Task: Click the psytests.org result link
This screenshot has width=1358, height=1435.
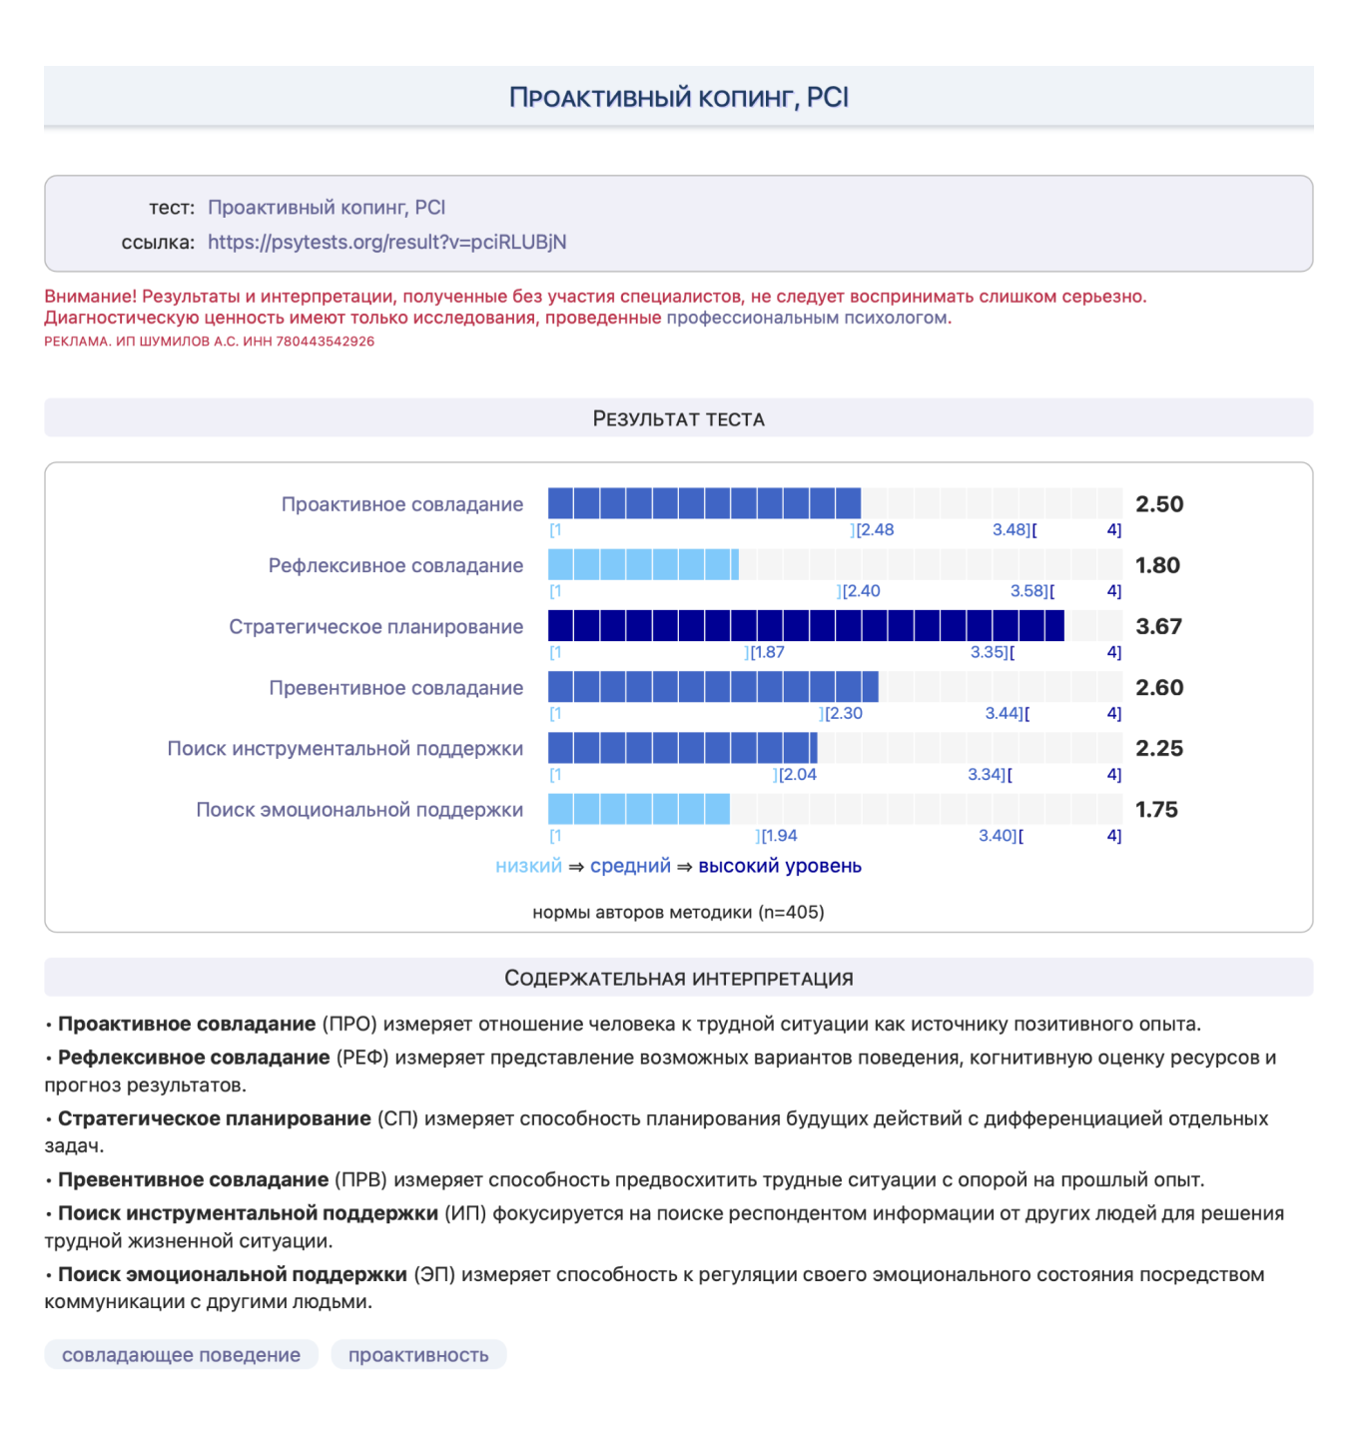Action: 386,242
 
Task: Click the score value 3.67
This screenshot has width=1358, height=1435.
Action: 1158,626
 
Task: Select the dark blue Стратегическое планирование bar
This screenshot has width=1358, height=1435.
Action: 805,626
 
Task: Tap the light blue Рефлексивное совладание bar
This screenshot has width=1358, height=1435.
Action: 643,565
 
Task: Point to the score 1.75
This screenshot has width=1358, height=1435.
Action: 1156,810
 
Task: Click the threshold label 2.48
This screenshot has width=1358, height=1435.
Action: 875,530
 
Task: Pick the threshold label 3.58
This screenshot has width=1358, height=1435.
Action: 1029,591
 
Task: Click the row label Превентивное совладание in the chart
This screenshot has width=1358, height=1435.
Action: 395,688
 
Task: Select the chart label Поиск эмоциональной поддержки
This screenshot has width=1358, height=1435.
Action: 359,810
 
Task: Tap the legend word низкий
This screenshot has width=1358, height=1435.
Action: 528,866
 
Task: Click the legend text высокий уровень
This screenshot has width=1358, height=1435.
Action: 779,866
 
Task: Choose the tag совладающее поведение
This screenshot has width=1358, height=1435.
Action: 181,1355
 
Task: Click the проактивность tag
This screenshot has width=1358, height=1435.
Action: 418,1355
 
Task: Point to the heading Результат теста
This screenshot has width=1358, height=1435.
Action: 678,418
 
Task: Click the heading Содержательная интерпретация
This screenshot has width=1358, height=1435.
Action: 678,979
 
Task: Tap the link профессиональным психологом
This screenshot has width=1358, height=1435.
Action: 807,318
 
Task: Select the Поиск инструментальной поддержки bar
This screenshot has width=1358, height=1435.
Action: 682,748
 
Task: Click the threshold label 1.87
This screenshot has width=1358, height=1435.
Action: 767,652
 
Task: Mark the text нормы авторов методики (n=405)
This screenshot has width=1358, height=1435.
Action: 678,912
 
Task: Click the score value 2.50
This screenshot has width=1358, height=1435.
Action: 1158,504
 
